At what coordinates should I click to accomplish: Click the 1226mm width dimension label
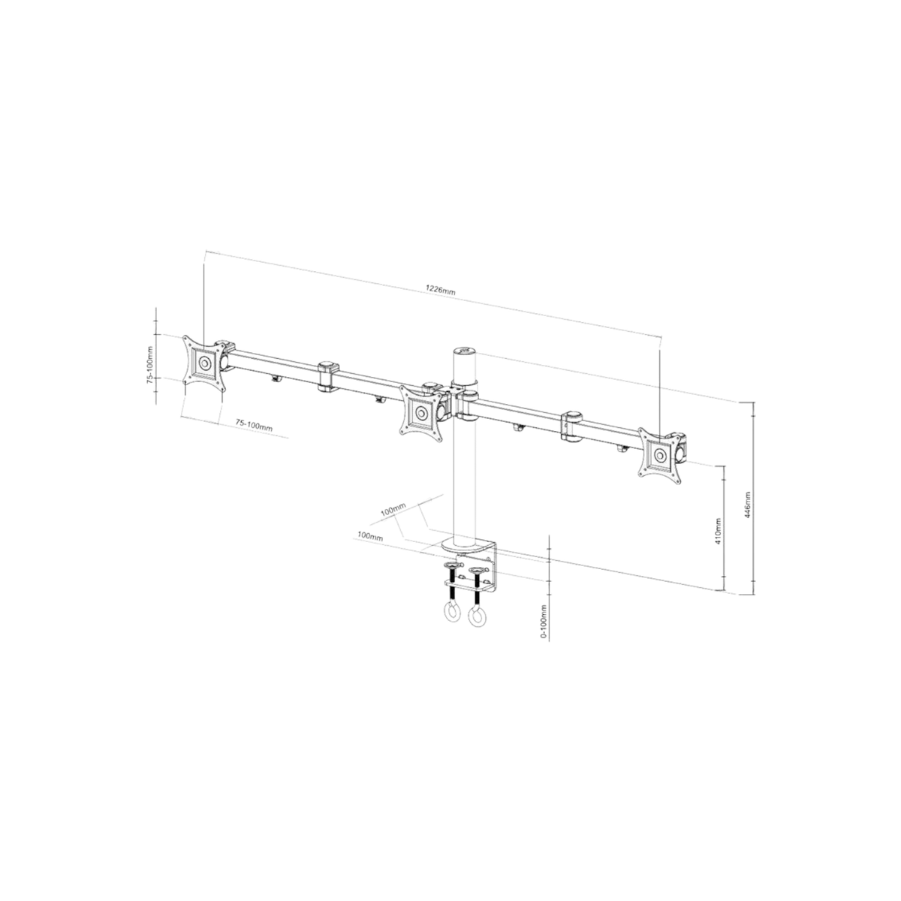pyautogui.click(x=440, y=289)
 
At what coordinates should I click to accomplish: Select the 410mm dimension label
pyautogui.click(x=719, y=530)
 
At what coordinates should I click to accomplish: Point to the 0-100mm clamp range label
pyautogui.click(x=544, y=622)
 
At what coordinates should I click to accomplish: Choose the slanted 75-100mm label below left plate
pyautogui.click(x=254, y=425)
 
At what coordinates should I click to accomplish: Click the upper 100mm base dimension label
pyautogui.click(x=393, y=510)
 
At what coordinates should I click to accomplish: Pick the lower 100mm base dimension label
pyautogui.click(x=370, y=536)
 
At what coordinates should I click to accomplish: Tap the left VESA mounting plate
pyautogui.click(x=203, y=363)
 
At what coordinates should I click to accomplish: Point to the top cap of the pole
pyautogui.click(x=463, y=350)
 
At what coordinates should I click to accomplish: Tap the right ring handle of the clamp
pyautogui.click(x=477, y=618)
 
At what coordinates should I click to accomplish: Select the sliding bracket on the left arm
pyautogui.click(x=327, y=376)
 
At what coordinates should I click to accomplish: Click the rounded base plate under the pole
pyautogui.click(x=469, y=547)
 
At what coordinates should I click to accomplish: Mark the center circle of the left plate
pyautogui.click(x=204, y=363)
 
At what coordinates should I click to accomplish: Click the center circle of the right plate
pyautogui.click(x=660, y=454)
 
